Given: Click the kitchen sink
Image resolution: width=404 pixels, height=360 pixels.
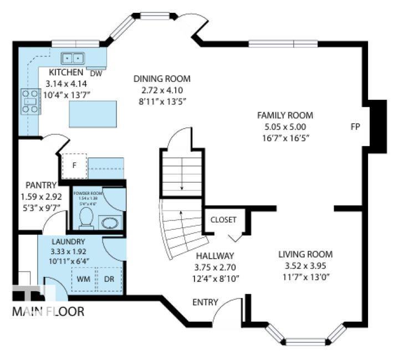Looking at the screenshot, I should pos(73,57).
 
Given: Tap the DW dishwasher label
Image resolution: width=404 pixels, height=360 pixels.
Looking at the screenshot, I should pos(96,73).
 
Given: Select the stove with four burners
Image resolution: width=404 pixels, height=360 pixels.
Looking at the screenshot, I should pos(30,101).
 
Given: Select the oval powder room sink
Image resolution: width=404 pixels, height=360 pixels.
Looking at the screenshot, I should pos(110,223).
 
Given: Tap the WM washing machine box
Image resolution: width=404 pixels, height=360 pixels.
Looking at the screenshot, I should pos(84,278).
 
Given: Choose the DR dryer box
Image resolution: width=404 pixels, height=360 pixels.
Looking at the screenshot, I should pos(110,278).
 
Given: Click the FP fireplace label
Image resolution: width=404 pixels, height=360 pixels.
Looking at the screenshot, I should pos(355,126).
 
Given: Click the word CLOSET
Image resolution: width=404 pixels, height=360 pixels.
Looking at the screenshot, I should pos(223,220).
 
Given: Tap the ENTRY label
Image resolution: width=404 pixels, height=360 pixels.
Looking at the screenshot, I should pos(204,302).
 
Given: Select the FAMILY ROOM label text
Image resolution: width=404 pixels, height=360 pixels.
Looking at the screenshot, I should pos(285,115).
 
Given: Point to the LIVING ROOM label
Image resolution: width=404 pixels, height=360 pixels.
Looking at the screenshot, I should pos(305,254).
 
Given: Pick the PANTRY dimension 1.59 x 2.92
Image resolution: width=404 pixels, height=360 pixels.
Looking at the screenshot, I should pos(41,197).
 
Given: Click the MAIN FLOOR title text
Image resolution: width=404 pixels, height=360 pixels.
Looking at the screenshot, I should pos(48,311).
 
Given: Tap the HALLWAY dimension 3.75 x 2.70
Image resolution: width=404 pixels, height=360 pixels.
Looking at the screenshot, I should pos(215,267).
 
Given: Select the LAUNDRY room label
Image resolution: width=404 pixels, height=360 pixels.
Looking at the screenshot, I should pos(68,241).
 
